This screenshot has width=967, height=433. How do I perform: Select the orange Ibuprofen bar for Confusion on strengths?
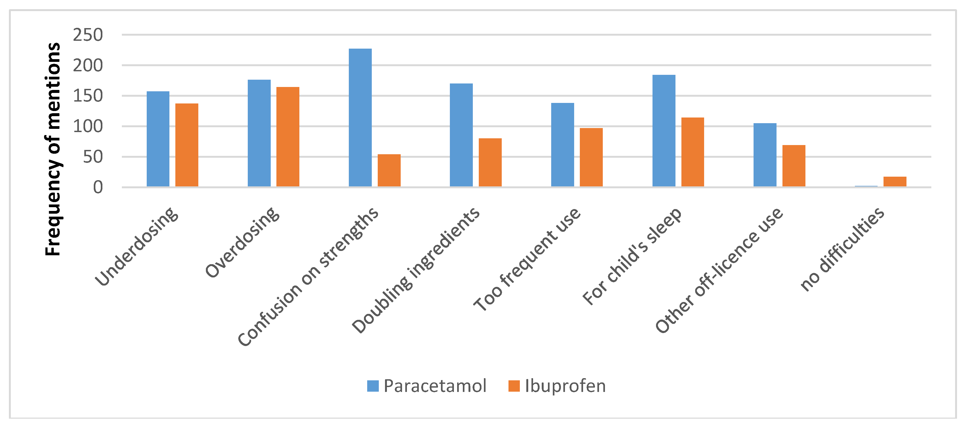[389, 170]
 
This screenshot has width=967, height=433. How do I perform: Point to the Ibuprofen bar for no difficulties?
[895, 182]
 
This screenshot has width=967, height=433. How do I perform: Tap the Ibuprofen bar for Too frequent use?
[591, 157]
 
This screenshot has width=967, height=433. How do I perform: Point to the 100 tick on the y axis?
[88, 126]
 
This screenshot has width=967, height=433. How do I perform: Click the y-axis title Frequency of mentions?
[53, 149]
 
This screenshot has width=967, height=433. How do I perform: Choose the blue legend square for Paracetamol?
[373, 386]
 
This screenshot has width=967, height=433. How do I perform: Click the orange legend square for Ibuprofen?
[514, 386]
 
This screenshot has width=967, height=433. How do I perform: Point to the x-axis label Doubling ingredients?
[416, 270]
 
